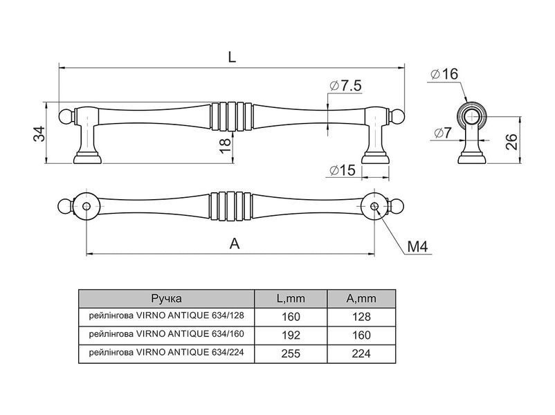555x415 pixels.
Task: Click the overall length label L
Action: (x=232, y=57)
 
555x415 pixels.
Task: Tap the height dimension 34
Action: (x=39, y=133)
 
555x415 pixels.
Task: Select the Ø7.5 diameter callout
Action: (x=345, y=86)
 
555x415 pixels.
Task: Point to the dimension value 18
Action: (x=225, y=145)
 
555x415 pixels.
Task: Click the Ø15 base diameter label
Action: (x=342, y=170)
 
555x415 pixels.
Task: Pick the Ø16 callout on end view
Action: (x=444, y=74)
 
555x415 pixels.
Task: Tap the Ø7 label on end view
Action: (x=443, y=133)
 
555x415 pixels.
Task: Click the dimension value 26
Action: (x=511, y=142)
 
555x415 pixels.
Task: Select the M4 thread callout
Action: (x=417, y=246)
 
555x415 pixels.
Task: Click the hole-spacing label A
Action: (x=235, y=243)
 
